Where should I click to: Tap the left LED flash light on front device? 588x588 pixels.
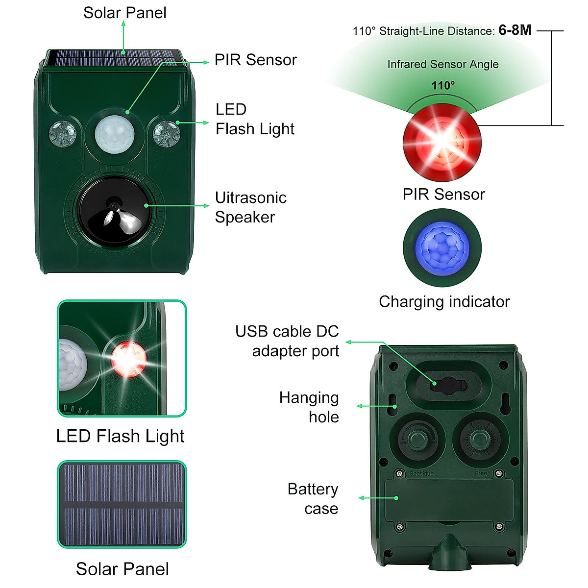tap(63, 133)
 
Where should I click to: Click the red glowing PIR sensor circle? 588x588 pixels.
tap(442, 142)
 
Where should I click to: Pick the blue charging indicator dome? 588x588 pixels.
tap(442, 247)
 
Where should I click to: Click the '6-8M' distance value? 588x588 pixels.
tap(515, 30)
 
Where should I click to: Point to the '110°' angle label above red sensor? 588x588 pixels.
tap(443, 85)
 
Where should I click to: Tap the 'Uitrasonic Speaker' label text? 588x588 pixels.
tap(250, 207)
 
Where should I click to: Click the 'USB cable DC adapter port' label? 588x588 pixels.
tap(288, 341)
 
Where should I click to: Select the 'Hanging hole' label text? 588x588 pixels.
tap(310, 407)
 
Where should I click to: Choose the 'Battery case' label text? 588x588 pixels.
tap(313, 499)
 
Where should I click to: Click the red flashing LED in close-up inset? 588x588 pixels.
tap(128, 359)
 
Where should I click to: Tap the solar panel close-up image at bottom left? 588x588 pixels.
tap(122, 504)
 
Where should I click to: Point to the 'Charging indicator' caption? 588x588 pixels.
tap(444, 302)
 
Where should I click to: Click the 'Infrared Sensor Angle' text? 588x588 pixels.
tap(443, 64)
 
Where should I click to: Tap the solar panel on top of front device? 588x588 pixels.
tap(114, 58)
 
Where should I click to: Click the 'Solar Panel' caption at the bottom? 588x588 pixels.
tap(122, 569)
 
